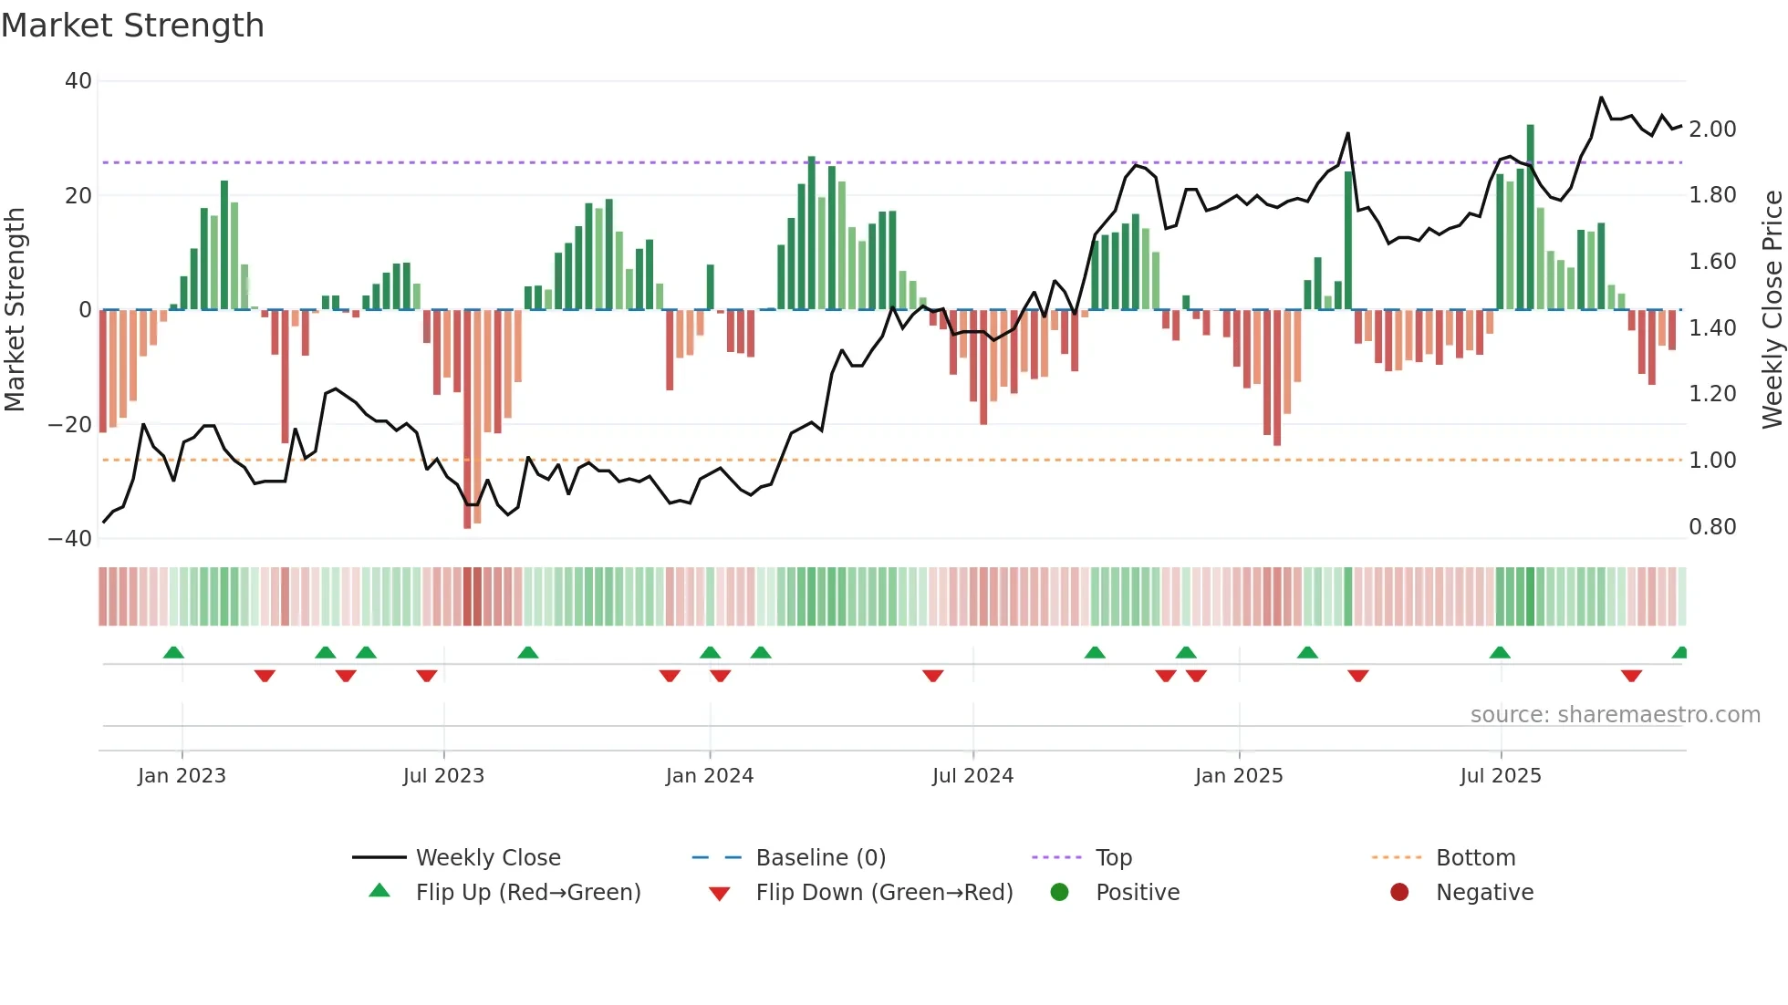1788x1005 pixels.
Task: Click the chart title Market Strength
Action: [132, 26]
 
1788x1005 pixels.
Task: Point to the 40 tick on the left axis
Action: [78, 81]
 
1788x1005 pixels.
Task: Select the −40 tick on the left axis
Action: [70, 539]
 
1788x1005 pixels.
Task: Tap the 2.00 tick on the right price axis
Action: [1712, 130]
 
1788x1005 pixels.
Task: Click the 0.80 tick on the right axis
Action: [1712, 527]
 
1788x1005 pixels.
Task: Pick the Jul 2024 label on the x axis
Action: [972, 776]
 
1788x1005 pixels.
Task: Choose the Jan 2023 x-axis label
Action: [182, 776]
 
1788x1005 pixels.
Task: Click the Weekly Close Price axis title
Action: [1772, 310]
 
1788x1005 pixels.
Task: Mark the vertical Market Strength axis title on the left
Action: [15, 310]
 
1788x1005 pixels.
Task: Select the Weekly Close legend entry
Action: [487, 858]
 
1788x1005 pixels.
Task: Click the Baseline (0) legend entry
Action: [820, 858]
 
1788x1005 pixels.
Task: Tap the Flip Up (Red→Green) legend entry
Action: [527, 893]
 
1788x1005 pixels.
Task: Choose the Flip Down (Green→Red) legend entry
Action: [883, 893]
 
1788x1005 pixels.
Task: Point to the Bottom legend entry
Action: [1475, 858]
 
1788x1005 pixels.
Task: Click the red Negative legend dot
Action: [1399, 893]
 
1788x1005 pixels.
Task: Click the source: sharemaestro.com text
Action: [1615, 715]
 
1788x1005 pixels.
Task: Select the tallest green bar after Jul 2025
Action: [1531, 217]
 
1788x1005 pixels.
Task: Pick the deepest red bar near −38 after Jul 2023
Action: [467, 420]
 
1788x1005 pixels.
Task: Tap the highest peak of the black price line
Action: [1601, 98]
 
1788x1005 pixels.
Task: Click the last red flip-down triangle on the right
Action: [1631, 676]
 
